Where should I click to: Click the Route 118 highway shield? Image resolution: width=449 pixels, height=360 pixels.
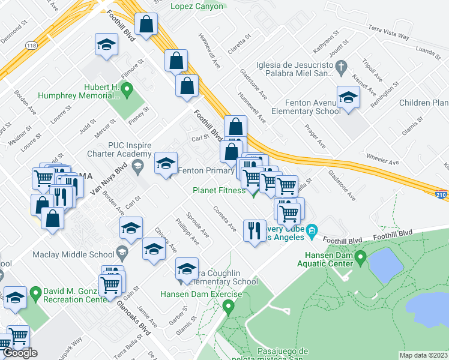click(x=31, y=46)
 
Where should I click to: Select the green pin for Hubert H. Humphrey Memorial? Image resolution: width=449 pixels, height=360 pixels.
click(x=126, y=91)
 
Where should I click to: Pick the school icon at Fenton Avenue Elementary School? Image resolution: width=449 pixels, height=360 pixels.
click(x=348, y=97)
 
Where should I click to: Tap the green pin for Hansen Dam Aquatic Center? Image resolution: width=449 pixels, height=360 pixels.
click(x=360, y=259)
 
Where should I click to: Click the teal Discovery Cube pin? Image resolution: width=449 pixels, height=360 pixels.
click(x=312, y=230)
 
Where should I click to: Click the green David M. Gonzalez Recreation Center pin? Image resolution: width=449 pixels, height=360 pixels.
click(x=34, y=294)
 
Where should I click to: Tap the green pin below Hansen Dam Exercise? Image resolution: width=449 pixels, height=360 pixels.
click(x=228, y=308)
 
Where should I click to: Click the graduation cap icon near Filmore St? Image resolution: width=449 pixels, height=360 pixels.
click(x=106, y=45)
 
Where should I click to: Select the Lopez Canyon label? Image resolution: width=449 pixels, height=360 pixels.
click(x=196, y=7)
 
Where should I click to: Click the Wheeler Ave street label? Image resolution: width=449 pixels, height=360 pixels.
click(x=382, y=161)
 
